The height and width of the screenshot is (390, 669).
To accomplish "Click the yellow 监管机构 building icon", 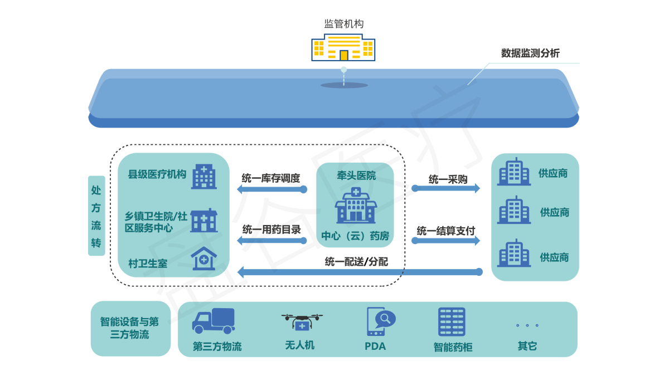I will coord(343,48).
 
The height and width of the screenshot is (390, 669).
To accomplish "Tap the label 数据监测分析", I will coord(530,53).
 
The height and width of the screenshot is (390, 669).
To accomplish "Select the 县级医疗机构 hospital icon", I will coord(203,176).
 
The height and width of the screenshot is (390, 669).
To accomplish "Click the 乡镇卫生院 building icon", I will coord(203,221).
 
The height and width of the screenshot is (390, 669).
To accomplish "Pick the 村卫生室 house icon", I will coord(203,259).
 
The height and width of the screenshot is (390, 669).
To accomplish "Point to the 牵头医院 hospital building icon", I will coord(356,206).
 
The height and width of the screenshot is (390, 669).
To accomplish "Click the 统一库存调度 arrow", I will coord(272,189).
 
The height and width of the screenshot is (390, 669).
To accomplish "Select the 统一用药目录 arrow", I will coord(272,241).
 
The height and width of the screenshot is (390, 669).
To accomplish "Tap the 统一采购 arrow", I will coord(446,188).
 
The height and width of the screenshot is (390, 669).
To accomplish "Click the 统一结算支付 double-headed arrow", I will coord(446,241).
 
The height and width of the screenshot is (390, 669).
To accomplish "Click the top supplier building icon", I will coord(514,171).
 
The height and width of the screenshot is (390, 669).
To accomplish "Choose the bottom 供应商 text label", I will coord(554,257).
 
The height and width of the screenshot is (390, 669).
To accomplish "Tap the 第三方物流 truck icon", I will coord(214,321).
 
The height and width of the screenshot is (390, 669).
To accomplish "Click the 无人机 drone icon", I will coord(302,321).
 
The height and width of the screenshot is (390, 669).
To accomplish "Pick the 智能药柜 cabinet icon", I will coord(452,322).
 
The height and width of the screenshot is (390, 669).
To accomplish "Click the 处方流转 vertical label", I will coord(96,216).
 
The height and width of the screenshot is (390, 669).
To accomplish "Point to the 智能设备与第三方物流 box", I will coord(130,329).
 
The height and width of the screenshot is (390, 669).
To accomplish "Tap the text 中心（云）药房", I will coord(355,236).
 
